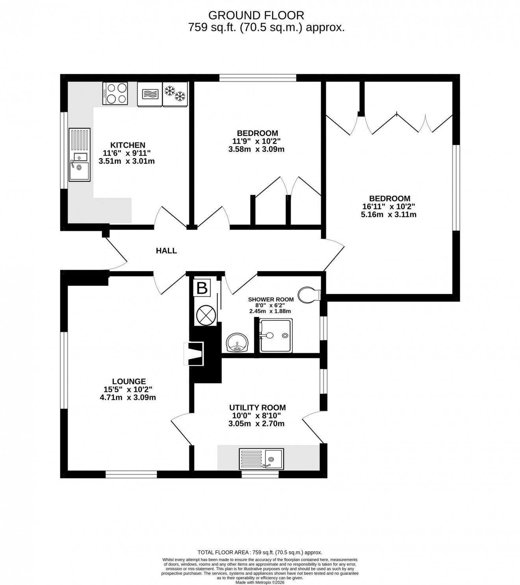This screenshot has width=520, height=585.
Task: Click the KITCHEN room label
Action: [x=128, y=145]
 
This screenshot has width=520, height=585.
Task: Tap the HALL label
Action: [x=166, y=251]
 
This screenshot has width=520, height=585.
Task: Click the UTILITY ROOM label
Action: [x=257, y=408]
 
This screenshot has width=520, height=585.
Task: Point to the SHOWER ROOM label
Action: [x=271, y=300]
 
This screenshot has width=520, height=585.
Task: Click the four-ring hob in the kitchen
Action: [x=115, y=93]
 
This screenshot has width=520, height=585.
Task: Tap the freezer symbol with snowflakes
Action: [x=175, y=94]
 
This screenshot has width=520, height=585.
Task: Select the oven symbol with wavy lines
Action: [x=149, y=94]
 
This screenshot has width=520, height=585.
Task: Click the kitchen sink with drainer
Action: [x=80, y=155]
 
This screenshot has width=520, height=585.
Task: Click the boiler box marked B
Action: [x=202, y=289]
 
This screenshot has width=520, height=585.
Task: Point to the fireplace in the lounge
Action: [x=194, y=354]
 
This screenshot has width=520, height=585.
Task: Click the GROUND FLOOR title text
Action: [x=256, y=15]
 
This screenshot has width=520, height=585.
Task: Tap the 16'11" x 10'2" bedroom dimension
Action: [x=389, y=207]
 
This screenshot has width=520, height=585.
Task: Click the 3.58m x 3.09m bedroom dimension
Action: [x=256, y=149]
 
